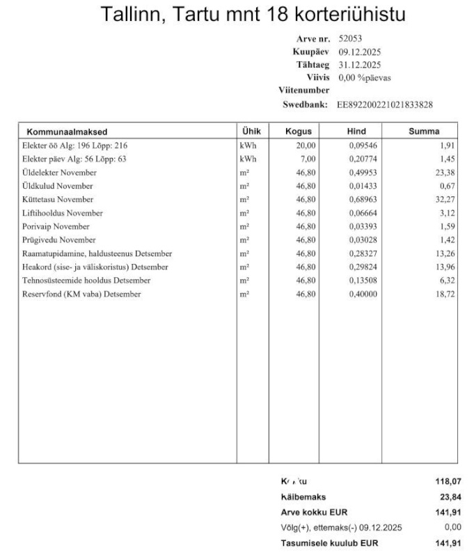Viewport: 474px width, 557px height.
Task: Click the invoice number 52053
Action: (350, 39)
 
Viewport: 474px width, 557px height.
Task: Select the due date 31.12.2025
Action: (359, 65)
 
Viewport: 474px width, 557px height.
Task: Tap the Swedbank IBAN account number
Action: (385, 104)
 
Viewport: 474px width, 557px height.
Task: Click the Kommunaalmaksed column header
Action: (67, 131)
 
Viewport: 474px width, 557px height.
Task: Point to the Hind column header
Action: (356, 131)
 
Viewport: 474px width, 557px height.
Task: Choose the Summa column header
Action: (424, 131)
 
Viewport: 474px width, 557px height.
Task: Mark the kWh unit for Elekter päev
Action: (248, 159)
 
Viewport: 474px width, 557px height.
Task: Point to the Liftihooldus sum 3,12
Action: (448, 213)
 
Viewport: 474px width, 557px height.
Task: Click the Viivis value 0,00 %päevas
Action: (364, 77)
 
